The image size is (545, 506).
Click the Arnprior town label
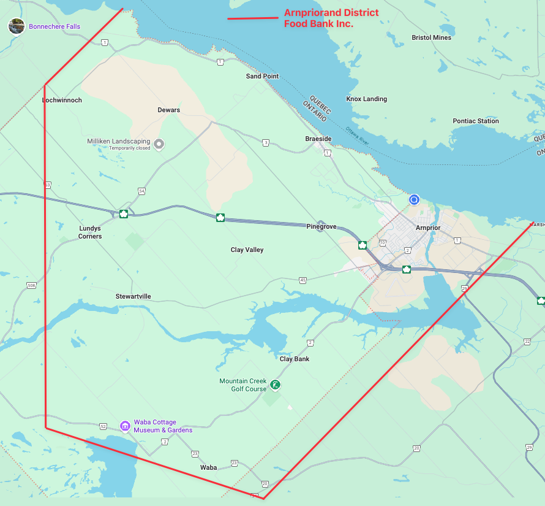tap(428, 228)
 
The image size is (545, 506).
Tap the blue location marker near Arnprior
tap(414, 199)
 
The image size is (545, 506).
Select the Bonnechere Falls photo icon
tap(17, 26)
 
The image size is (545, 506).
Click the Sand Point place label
tap(262, 76)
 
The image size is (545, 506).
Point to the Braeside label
tap(318, 139)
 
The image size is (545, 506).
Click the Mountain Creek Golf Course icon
tap(276, 385)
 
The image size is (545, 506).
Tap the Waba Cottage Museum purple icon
tap(125, 426)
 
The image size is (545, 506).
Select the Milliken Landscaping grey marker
tap(159, 144)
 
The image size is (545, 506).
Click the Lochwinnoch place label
tap(62, 100)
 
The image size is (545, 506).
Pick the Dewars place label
tap(168, 110)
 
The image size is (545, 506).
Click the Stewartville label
tap(133, 296)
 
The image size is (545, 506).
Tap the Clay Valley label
tap(247, 250)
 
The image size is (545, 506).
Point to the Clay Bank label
tap(295, 359)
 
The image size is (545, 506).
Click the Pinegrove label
tap(321, 226)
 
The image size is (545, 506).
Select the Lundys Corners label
tap(90, 232)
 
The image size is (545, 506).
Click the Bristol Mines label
tap(431, 37)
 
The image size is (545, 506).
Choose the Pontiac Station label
tap(476, 121)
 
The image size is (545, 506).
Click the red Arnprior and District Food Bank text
tap(331, 18)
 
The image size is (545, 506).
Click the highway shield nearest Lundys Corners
tap(124, 213)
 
